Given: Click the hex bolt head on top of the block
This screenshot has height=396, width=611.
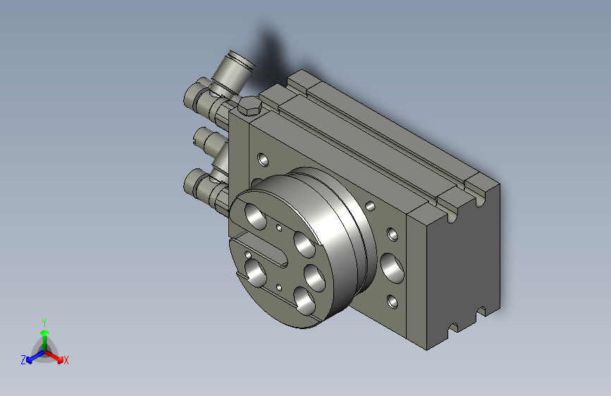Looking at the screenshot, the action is [249, 106].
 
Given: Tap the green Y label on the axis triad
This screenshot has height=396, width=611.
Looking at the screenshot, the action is [44, 322].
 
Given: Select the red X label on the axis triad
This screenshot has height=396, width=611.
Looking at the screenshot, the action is [66, 360].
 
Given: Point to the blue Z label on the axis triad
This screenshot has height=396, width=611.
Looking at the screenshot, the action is [23, 360].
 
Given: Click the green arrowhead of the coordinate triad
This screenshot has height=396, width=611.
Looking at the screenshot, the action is [45, 333].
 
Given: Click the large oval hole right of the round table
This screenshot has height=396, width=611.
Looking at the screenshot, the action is [392, 268].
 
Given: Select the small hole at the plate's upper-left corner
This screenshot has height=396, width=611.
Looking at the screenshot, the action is [263, 159].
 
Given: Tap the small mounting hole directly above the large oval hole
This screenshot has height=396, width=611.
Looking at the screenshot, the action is [393, 234].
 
